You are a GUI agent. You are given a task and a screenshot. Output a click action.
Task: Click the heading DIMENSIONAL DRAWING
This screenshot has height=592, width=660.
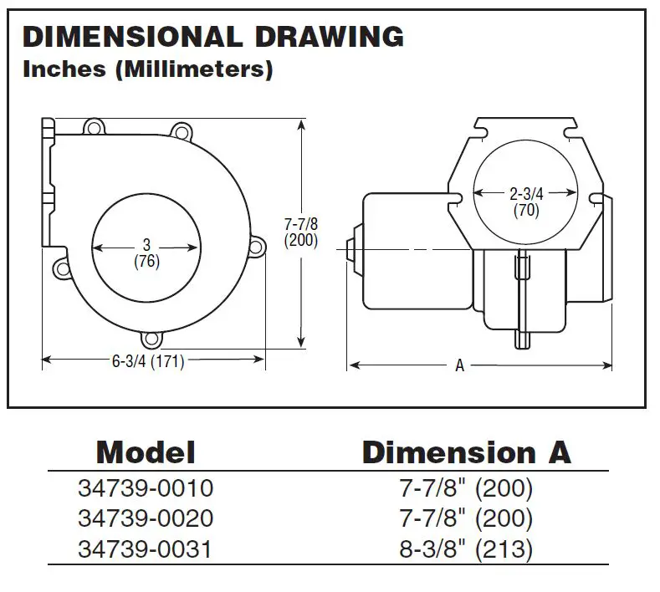click(x=212, y=37)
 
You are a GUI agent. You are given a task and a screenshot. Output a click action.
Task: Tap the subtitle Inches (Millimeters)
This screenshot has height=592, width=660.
click(x=147, y=69)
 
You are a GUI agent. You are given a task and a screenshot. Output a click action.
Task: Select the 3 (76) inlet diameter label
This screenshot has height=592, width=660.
click(x=146, y=253)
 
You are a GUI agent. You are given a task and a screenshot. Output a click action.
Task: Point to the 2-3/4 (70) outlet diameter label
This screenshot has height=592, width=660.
click(x=526, y=202)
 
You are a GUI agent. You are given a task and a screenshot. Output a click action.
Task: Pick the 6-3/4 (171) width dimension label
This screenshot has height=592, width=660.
click(x=147, y=361)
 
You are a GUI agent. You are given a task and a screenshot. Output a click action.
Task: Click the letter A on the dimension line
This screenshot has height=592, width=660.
click(x=459, y=365)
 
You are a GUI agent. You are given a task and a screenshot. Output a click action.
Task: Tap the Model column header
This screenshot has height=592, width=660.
click(x=146, y=452)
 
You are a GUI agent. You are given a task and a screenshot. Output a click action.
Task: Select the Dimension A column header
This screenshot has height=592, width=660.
click(x=466, y=452)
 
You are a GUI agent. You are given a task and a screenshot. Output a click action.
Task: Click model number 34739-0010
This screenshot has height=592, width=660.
click(x=146, y=487)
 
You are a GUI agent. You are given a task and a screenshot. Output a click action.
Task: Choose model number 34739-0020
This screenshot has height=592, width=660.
click(x=146, y=518)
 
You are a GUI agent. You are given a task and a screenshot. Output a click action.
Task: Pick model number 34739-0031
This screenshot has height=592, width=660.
click(x=146, y=549)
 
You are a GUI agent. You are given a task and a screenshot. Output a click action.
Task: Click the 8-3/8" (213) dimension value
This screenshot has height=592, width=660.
click(x=465, y=549)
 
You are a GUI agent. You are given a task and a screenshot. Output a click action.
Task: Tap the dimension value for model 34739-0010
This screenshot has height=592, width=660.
click(x=465, y=487)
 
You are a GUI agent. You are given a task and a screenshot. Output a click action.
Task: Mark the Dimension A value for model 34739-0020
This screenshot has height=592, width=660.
click(x=465, y=518)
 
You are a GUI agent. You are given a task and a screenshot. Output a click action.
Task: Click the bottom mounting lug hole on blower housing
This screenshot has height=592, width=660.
click(x=151, y=339)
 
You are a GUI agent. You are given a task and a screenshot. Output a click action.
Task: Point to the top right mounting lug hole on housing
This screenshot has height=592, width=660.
click(x=179, y=130)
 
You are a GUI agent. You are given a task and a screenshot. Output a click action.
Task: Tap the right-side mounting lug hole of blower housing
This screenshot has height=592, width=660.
click(x=258, y=247)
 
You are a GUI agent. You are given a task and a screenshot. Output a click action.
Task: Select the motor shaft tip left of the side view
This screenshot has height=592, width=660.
click(x=349, y=249)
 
